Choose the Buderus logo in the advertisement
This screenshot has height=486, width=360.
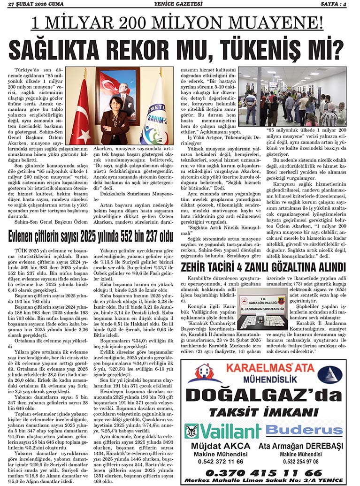[304, 430]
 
